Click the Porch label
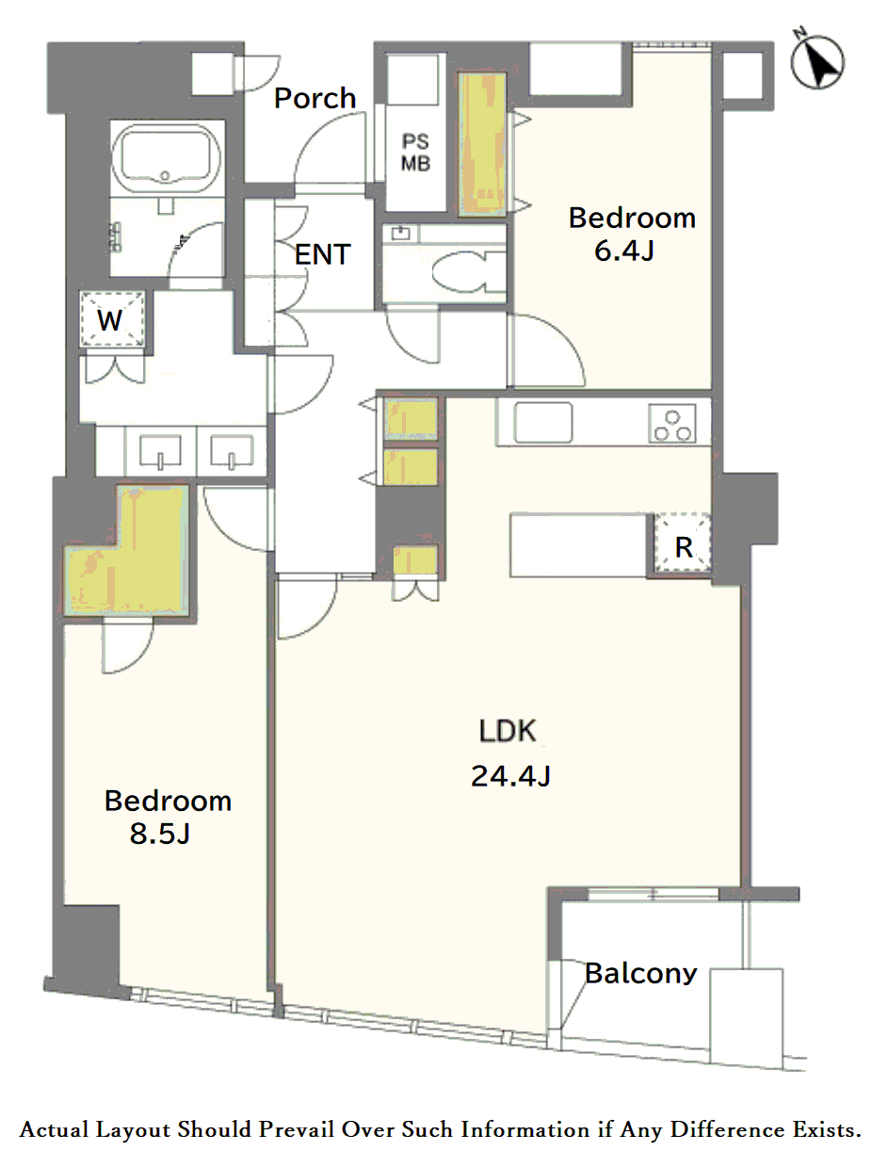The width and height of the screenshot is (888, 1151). tap(315, 98)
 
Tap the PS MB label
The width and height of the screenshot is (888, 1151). tap(415, 153)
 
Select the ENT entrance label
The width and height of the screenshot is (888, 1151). tap(322, 254)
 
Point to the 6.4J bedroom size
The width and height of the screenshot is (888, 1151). tap(624, 251)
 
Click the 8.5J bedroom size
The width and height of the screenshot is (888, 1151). tap(160, 834)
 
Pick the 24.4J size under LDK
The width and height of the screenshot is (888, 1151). tap(510, 776)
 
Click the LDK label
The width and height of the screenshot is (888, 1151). tap(508, 731)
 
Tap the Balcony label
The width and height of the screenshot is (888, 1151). tap(640, 974)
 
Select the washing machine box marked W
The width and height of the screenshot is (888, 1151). tap(112, 319)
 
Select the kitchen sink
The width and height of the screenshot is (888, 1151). tap(543, 422)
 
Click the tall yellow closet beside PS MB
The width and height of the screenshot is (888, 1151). tap(482, 144)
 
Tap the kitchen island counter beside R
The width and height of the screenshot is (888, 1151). tap(578, 545)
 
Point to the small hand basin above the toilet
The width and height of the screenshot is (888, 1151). tap(401, 233)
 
